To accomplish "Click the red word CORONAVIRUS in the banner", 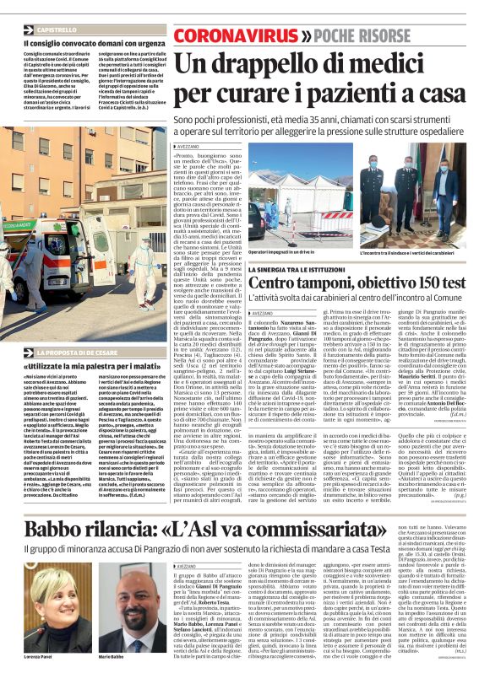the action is click(220, 35).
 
